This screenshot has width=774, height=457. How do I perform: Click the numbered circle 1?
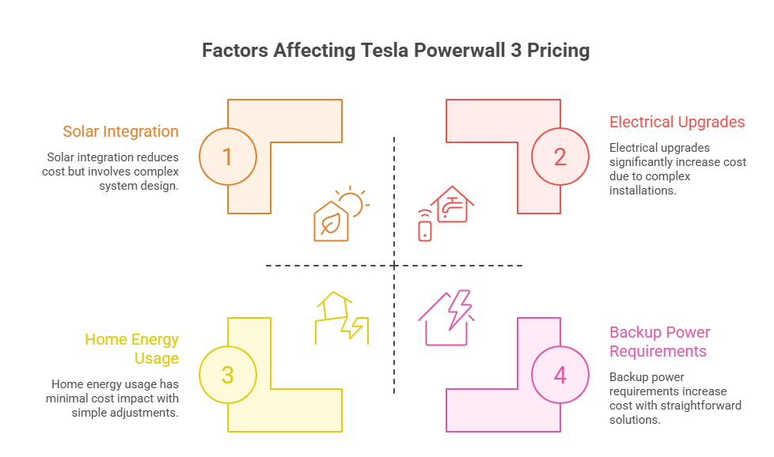(x=228, y=157)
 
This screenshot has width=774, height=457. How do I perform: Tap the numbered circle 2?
(x=560, y=157)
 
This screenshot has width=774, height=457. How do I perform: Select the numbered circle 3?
(x=228, y=375)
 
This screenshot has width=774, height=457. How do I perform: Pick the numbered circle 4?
(x=560, y=375)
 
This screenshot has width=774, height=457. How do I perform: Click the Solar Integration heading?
(x=121, y=131)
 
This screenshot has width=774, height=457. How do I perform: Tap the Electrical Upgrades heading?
(x=677, y=122)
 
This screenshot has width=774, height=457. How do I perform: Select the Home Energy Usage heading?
(x=132, y=349)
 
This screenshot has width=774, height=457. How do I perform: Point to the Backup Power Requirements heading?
(x=659, y=342)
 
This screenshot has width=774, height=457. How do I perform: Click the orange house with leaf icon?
(x=332, y=221)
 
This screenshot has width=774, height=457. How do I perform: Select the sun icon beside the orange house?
(x=353, y=202)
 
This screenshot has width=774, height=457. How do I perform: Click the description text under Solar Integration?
(x=111, y=172)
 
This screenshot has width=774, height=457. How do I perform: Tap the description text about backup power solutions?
(x=674, y=398)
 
